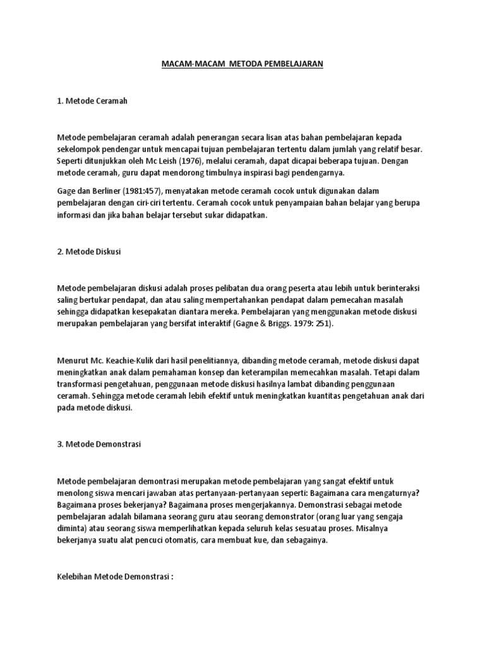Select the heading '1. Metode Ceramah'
point(92,102)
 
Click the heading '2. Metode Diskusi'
point(89,251)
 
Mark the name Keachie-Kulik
point(132,360)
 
